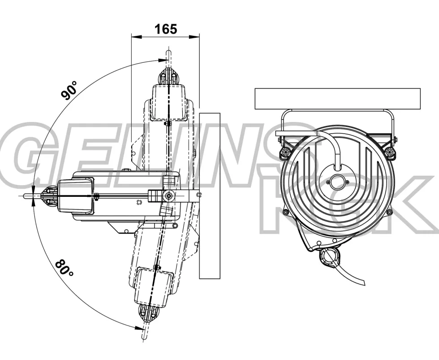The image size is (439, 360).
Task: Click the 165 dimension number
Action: [166, 29]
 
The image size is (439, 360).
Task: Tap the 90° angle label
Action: [69, 90]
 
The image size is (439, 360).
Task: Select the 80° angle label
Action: [64, 268]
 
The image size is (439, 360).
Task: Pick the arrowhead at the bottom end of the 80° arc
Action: [139, 328]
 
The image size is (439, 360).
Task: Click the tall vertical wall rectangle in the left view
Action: [210, 196]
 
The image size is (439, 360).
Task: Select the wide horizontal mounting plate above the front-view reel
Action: [338, 99]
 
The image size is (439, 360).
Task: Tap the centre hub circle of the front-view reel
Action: [336, 182]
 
